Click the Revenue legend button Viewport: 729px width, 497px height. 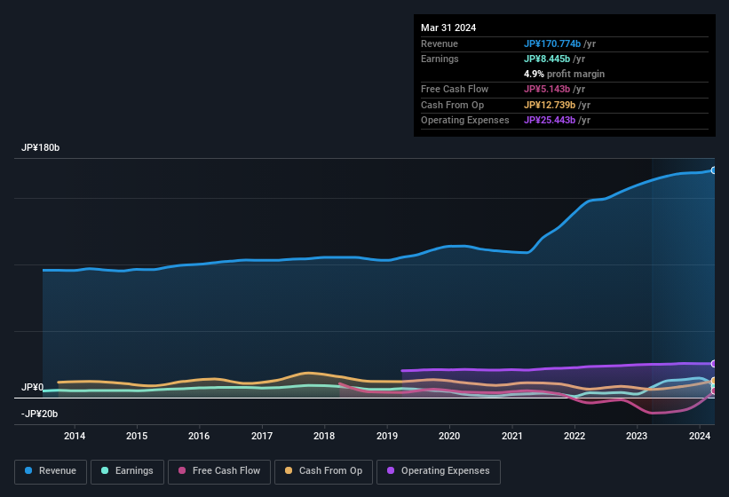tap(51, 471)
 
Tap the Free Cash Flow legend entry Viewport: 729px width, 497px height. tap(219, 471)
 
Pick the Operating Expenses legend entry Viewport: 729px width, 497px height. tap(438, 471)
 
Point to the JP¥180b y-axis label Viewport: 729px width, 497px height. tap(41, 147)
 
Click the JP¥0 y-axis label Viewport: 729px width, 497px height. tap(33, 388)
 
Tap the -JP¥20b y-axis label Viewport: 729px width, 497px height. tap(39, 414)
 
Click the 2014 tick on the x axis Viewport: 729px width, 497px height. tap(75, 436)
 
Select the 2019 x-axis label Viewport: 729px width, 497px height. tap(387, 436)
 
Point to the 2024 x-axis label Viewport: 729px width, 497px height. tap(700, 436)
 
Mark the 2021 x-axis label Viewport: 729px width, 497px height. tap(512, 436)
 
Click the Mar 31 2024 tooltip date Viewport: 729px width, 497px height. tap(448, 28)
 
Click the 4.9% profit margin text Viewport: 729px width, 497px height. tap(564, 74)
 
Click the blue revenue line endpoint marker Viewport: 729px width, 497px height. tap(713, 170)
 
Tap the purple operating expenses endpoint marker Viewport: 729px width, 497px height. tap(713, 364)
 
